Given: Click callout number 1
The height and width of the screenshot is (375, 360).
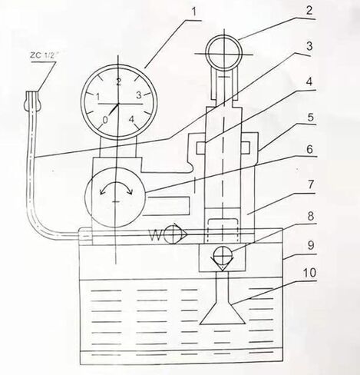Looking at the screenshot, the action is pos(194,12).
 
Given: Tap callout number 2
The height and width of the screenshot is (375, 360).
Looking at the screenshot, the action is pos(309,11).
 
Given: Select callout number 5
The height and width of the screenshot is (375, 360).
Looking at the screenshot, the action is pos(310,118).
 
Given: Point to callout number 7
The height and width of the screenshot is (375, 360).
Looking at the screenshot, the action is pos(310,184).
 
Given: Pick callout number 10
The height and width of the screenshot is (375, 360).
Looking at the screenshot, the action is pos(309,273).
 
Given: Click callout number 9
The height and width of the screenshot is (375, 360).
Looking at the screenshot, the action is pos(310,246).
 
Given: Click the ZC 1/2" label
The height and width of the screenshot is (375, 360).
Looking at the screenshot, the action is pos(41,56).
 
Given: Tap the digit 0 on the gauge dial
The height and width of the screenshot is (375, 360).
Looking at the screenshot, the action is pos(105,120).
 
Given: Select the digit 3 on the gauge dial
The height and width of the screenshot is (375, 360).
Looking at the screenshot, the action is pos(138,95).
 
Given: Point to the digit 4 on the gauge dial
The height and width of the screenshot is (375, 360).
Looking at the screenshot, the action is pos(131,119).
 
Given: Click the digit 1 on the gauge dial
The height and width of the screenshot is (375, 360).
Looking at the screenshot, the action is pos(97,97).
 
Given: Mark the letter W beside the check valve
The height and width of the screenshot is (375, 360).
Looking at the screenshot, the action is pos(156,235).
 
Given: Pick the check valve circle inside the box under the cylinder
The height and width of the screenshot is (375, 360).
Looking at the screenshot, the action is pos(223,254).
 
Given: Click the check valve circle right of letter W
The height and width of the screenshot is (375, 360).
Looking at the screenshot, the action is pos(173,234).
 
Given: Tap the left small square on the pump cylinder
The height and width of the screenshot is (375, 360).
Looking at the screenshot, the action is pos(200,148).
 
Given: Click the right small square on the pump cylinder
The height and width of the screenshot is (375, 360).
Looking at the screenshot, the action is pos(246,148).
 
